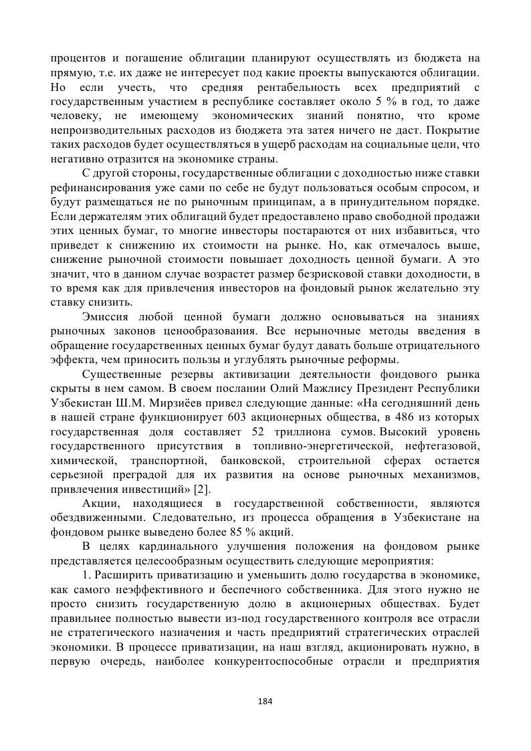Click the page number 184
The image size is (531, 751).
[265, 701]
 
